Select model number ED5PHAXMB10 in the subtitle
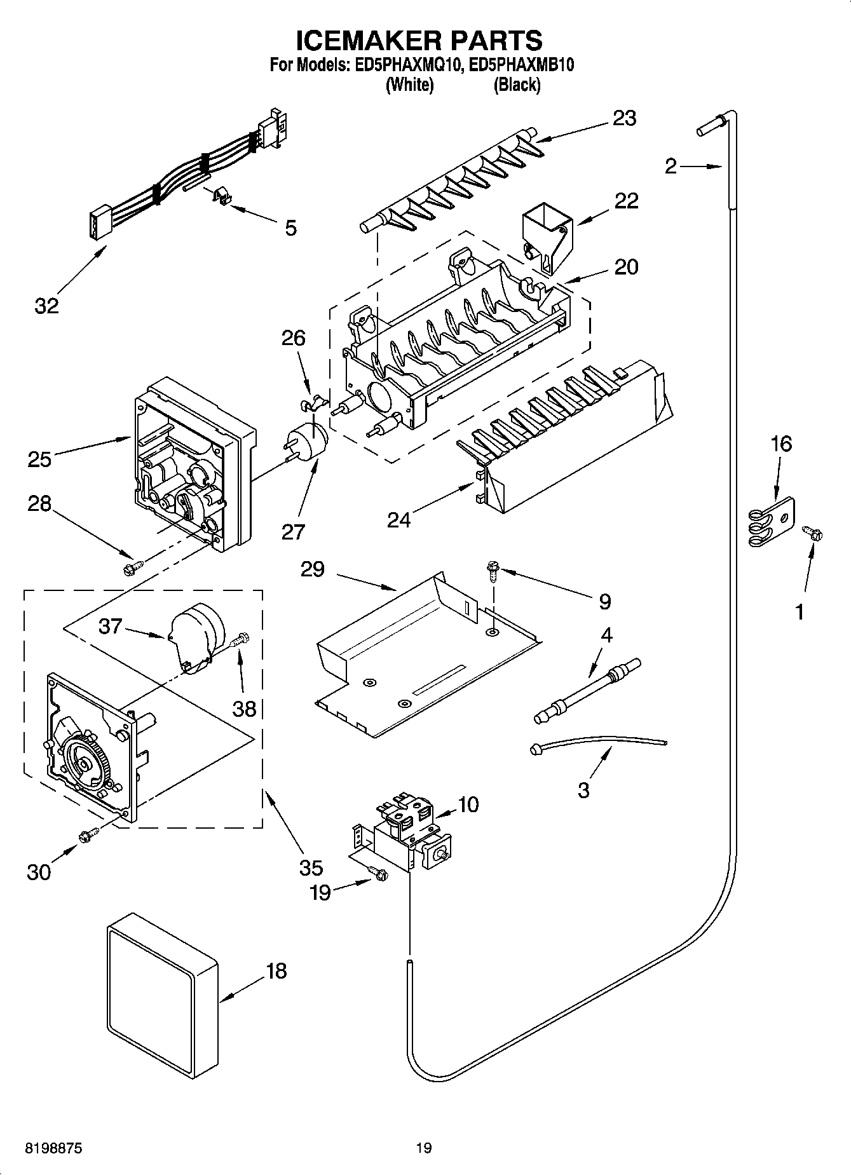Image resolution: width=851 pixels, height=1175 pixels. coord(518,65)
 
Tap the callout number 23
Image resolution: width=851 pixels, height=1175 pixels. coord(624,118)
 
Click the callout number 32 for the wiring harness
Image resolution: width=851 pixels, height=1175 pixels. coord(46,306)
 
